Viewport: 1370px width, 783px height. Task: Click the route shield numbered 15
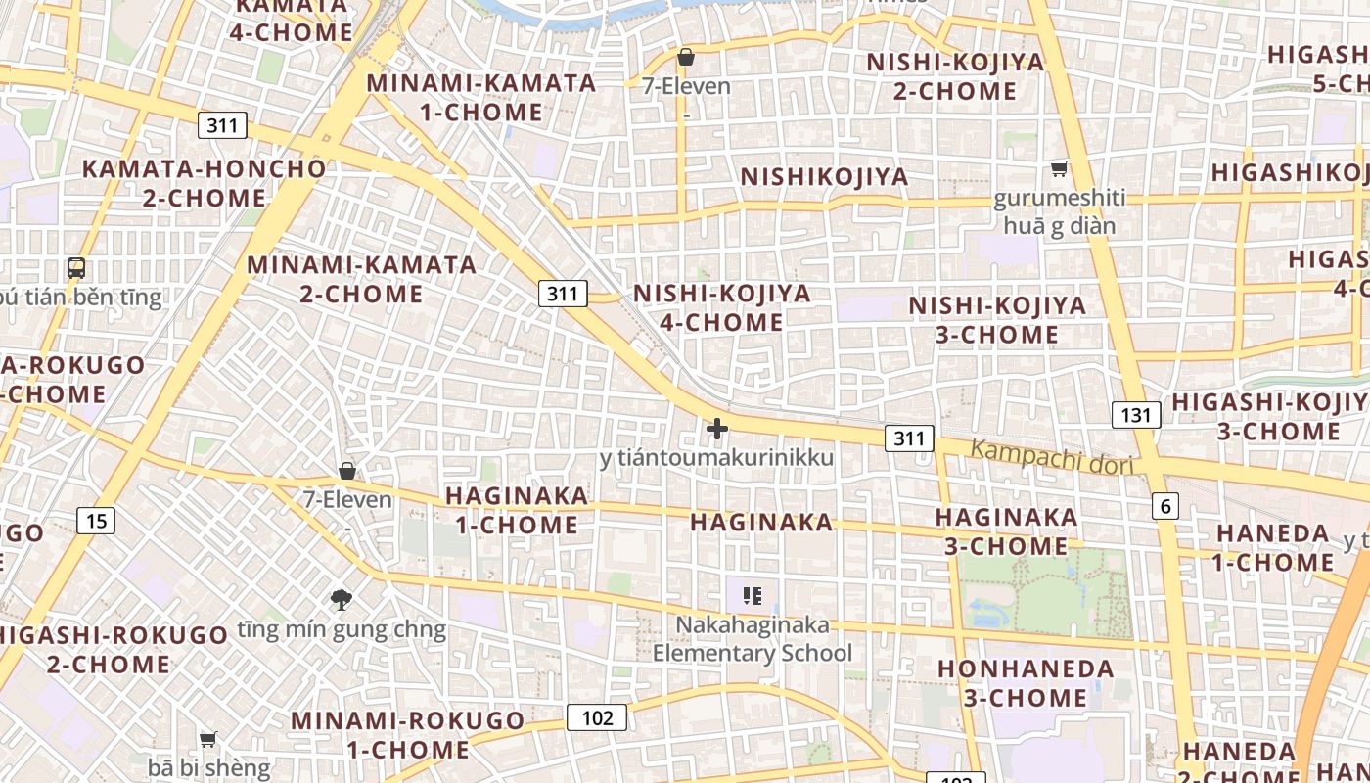point(96,521)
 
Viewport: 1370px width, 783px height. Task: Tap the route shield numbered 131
point(1135,415)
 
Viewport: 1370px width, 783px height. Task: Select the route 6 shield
point(1164,506)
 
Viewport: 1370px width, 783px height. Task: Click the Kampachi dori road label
point(1052,456)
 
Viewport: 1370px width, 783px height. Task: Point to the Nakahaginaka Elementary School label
point(753,639)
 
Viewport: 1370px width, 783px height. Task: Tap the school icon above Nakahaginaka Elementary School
point(753,595)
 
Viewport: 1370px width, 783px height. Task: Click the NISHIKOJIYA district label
point(824,177)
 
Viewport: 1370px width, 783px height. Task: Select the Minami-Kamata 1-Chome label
point(481,97)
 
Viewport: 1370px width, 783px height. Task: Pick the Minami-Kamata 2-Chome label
point(362,279)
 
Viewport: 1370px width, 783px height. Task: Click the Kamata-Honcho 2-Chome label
point(204,183)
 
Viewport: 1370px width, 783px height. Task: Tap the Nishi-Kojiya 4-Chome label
point(722,307)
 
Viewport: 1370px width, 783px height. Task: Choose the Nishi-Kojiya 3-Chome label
point(997,320)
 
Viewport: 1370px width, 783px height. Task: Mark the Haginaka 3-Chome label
point(1006,530)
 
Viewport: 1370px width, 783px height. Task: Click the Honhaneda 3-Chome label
point(1026,683)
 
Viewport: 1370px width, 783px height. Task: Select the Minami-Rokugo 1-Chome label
point(408,735)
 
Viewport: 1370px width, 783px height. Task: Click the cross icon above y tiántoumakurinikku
point(717,429)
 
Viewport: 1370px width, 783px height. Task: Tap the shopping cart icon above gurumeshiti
point(1059,170)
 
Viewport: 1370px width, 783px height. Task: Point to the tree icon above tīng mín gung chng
point(342,599)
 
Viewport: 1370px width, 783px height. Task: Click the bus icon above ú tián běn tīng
point(76,267)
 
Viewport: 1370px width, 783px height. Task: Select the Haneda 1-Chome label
point(1273,548)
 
